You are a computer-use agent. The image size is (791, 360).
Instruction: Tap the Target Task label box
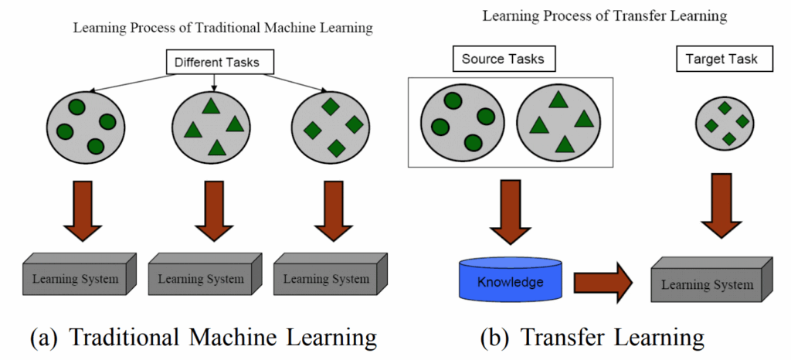tap(721, 59)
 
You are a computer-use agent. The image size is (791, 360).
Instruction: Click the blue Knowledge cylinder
tap(511, 282)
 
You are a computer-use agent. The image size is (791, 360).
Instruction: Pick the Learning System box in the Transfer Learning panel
tap(712, 284)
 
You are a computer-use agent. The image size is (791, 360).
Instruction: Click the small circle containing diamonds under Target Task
tap(725, 124)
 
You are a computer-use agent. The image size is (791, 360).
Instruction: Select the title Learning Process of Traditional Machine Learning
tap(223, 29)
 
